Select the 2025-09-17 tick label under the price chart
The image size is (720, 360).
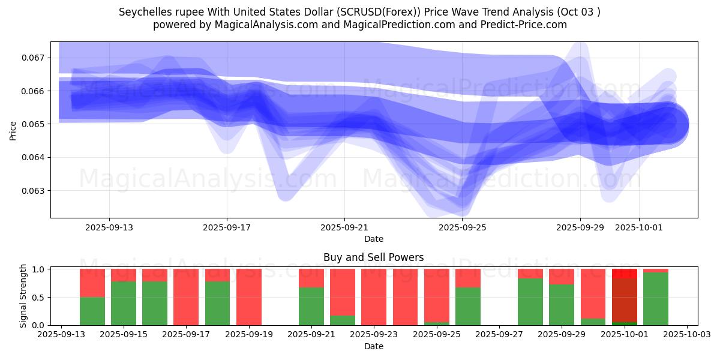click(x=227, y=227)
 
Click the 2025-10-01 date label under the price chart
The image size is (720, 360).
click(x=638, y=227)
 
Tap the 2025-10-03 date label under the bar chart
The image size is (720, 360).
click(x=686, y=335)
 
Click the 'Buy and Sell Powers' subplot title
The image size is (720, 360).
click(x=373, y=257)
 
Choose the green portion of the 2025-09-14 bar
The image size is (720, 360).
click(x=92, y=311)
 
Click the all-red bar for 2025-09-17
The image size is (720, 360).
click(x=186, y=297)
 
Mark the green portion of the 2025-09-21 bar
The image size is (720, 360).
click(x=311, y=306)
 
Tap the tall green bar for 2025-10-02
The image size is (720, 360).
click(x=656, y=299)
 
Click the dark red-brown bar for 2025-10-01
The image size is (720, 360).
click(x=625, y=300)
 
